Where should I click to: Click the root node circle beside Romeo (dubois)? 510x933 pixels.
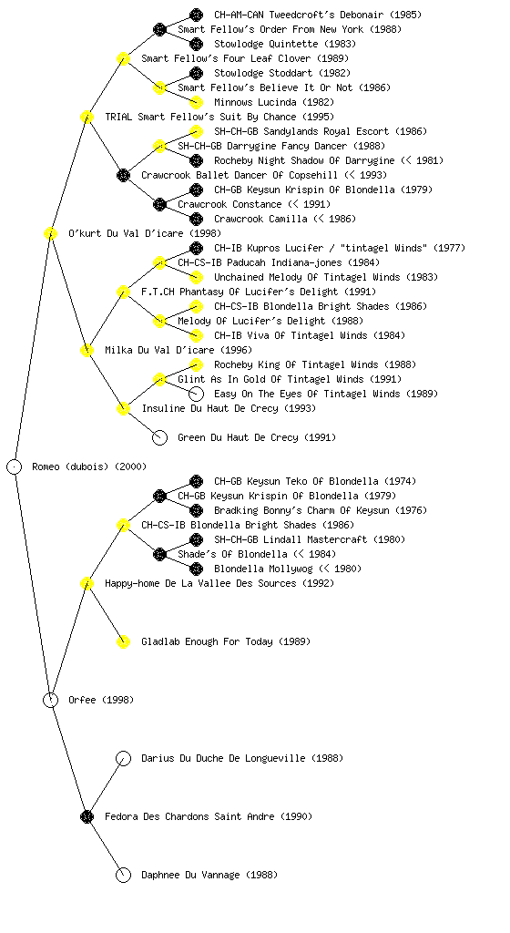pos(15,466)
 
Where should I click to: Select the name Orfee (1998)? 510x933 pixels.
pos(101,700)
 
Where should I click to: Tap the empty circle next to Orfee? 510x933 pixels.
pos(50,700)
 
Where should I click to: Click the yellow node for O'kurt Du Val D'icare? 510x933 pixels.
pos(50,233)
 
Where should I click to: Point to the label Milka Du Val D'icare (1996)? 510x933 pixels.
pos(178,350)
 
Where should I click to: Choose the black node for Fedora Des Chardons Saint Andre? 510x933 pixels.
pos(87,816)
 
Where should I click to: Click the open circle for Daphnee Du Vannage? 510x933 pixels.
pos(123,875)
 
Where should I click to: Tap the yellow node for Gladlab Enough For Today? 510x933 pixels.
pos(123,641)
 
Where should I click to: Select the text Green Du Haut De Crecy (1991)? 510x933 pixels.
pos(257,437)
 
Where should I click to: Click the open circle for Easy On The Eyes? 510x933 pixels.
pos(196,394)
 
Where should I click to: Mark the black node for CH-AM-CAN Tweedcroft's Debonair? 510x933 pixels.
pos(196,15)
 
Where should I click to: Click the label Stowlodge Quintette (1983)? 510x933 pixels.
pos(285,44)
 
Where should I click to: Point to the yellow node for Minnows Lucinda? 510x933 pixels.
pos(196,102)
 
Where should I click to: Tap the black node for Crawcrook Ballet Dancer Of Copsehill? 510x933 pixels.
pos(123,175)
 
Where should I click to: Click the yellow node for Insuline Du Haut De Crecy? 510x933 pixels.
pos(123,408)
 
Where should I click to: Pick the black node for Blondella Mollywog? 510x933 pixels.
pos(196,569)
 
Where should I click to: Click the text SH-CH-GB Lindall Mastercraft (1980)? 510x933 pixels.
pos(310,539)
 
